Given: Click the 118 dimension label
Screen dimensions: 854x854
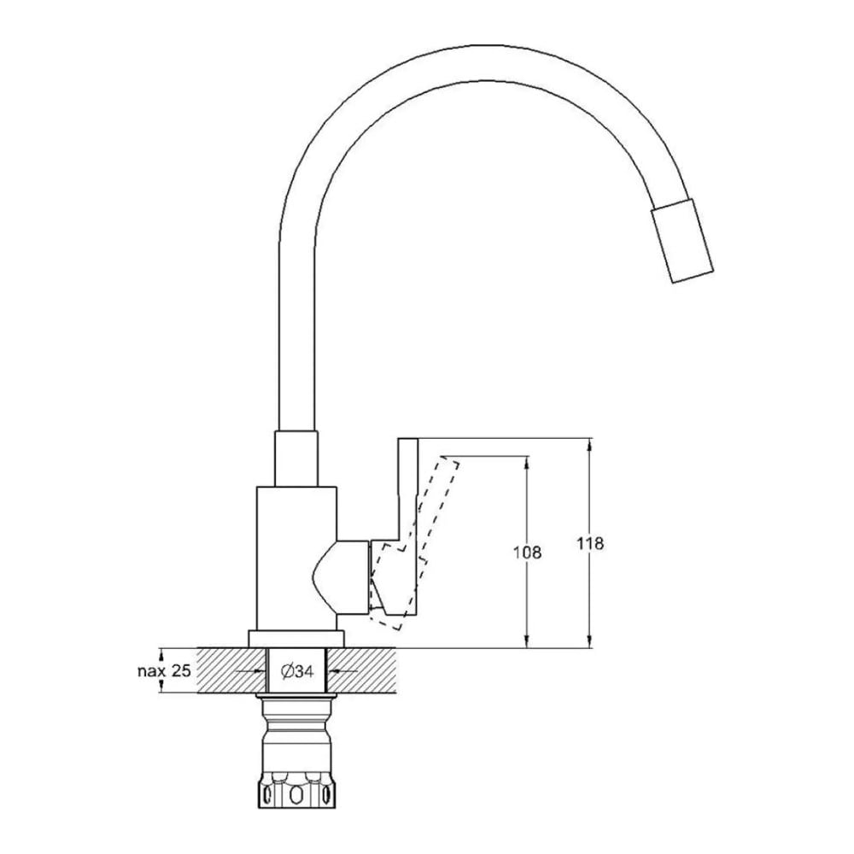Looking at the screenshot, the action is click(x=590, y=543).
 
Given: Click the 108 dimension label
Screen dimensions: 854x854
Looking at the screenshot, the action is click(x=528, y=553).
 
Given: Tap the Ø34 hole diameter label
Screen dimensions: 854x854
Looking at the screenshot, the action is click(x=297, y=671).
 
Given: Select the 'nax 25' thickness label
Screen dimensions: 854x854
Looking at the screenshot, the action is click(x=164, y=670).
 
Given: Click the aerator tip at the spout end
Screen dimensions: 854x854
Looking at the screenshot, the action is click(x=682, y=241).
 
